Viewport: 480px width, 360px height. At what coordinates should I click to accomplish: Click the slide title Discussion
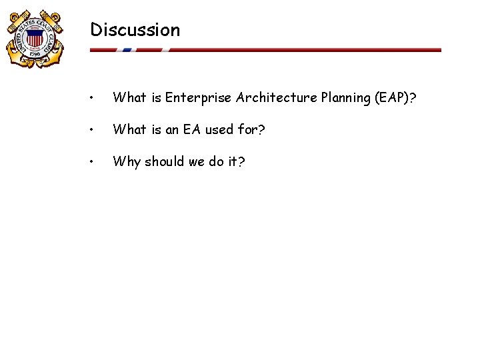click(135, 30)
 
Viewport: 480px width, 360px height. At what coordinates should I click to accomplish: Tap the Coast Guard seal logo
click(34, 38)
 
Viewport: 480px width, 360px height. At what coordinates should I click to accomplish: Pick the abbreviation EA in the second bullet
click(192, 130)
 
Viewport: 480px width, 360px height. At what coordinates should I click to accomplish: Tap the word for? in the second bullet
click(251, 130)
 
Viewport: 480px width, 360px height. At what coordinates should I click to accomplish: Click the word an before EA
click(172, 130)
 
